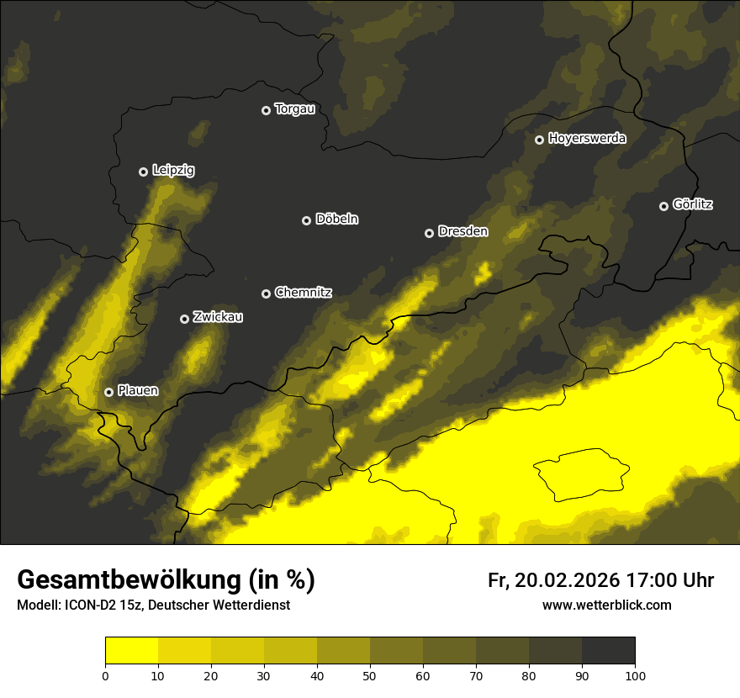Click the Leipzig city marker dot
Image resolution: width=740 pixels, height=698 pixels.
pos(143,172)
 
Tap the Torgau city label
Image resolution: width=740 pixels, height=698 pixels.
pos(294,109)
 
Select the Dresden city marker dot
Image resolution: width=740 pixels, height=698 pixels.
pos(429,233)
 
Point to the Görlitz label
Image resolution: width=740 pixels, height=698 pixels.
pos(693,204)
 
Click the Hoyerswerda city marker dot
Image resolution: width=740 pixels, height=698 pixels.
pos(539,140)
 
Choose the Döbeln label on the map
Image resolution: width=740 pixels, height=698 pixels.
pos(336,219)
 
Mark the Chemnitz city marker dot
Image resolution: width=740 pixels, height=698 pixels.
pos(266,293)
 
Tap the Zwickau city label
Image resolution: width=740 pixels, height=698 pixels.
pos(218,317)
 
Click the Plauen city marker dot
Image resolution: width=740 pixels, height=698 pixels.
pos(108,392)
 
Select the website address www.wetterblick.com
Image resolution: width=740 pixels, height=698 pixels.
pos(606,605)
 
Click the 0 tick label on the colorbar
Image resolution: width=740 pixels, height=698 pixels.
pos(105,675)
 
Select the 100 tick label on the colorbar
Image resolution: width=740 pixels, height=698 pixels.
pos(635,675)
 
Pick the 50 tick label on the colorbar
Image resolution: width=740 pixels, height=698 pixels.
pos(370,675)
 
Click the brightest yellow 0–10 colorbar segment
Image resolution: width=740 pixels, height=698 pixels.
pos(131,651)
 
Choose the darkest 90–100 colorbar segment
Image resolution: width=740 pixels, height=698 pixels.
pos(608,651)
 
